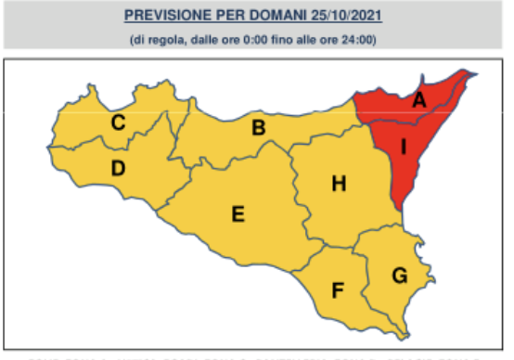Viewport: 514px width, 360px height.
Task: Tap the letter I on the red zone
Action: (x=405, y=147)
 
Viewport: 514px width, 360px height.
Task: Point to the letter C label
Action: (x=119, y=122)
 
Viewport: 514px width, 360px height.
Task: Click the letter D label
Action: (x=118, y=168)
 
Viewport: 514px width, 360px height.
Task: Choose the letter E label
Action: (x=238, y=215)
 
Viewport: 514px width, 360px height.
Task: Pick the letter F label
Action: (x=339, y=289)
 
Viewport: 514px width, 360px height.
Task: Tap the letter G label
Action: (x=399, y=275)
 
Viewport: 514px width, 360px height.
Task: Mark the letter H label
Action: (x=340, y=184)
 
